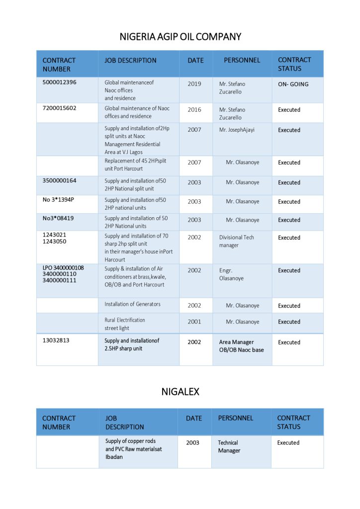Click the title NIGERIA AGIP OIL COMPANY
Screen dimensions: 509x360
click(180, 37)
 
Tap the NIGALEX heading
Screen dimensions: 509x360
click(180, 392)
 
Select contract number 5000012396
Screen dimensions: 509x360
click(60, 83)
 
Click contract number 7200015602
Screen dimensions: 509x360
click(60, 108)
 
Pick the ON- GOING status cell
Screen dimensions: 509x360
click(293, 85)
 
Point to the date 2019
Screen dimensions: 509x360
click(194, 84)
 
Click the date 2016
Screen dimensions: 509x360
click(194, 110)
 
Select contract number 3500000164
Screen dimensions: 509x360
click(60, 181)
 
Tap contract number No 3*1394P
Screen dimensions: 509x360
click(59, 200)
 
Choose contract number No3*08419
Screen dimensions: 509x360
click(58, 218)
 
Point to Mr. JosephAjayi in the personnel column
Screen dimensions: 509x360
click(237, 130)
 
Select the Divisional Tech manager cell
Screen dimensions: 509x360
click(237, 241)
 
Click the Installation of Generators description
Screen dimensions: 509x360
click(132, 304)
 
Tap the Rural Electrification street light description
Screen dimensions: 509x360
click(125, 324)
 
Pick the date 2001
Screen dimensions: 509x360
click(194, 322)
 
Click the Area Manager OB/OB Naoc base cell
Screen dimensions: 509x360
click(241, 346)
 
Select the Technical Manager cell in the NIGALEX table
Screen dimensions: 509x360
click(229, 446)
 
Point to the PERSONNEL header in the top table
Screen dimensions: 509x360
click(242, 60)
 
